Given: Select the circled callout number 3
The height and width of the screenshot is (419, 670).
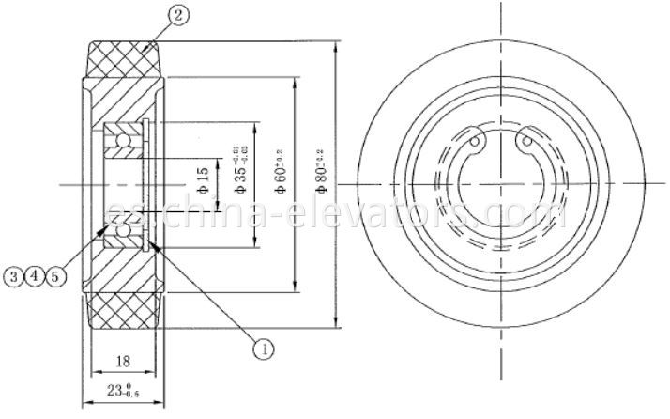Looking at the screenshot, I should pyautogui.click(x=14, y=275).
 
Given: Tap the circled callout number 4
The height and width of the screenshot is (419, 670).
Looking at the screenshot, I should pyautogui.click(x=36, y=275).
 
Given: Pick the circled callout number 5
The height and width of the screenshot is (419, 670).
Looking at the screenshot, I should pyautogui.click(x=56, y=275).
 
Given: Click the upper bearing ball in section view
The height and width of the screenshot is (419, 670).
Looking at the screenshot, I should pyautogui.click(x=123, y=141).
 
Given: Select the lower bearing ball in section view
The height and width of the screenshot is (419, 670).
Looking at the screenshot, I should pyautogui.click(x=123, y=225).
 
